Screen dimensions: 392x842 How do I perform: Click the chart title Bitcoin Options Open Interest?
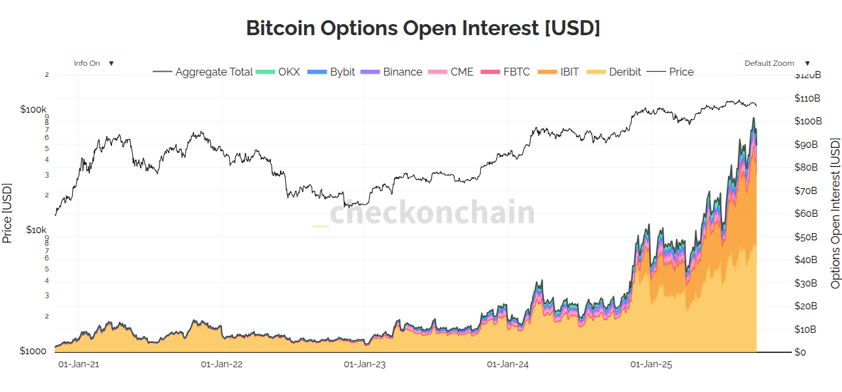[x=423, y=28]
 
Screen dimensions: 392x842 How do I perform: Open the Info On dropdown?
[x=93, y=63]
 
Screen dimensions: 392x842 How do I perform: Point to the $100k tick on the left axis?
[x=34, y=109]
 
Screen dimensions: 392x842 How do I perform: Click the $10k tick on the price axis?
[x=36, y=230]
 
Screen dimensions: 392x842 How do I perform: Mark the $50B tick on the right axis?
[x=807, y=237]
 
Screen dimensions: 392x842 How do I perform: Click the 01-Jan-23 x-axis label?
[x=365, y=365]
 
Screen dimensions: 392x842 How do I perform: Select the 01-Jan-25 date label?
[x=651, y=365]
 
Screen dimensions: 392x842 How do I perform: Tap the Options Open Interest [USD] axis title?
[x=835, y=213]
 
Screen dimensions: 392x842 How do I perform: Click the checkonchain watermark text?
[x=432, y=212]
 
